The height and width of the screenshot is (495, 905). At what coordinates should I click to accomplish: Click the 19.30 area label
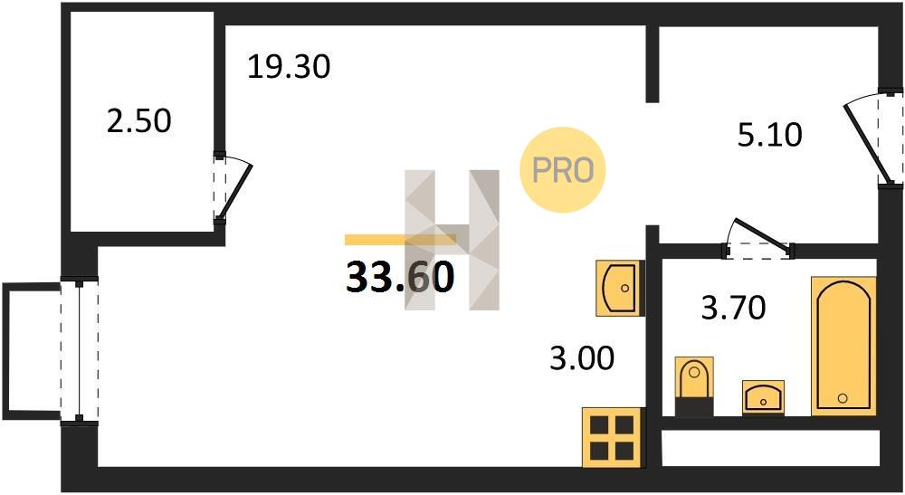289,66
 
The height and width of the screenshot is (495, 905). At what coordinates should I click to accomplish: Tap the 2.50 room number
139,121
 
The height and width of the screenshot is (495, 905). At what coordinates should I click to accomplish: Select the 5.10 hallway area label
770,135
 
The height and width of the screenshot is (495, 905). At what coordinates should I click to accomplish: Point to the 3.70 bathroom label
733,307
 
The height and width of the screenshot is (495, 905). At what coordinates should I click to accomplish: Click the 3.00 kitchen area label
582,357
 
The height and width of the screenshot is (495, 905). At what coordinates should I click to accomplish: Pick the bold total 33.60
400,277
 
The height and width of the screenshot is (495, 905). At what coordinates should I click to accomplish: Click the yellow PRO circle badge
563,169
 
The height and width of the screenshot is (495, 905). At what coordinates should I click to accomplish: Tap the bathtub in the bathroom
843,346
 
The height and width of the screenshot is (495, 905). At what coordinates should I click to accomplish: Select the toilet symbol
694,386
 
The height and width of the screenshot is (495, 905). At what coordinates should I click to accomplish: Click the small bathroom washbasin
763,397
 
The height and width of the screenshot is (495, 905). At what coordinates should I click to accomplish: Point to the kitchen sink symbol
619,287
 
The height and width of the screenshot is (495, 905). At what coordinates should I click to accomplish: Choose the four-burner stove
612,437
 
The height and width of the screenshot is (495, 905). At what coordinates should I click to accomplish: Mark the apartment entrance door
872,138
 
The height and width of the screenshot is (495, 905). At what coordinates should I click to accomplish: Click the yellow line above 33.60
401,240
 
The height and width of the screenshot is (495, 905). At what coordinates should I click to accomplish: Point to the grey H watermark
452,240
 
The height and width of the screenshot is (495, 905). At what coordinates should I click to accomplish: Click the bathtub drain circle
843,397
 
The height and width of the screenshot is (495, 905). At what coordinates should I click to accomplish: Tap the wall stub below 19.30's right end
653,64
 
